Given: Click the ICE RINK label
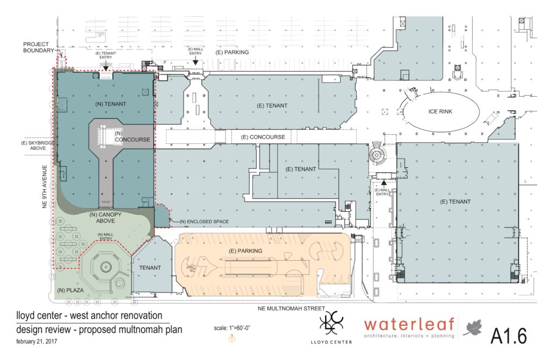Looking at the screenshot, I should coord(440,112).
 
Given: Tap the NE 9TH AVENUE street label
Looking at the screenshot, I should coord(47,173).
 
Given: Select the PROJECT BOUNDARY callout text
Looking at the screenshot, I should coord(36,48).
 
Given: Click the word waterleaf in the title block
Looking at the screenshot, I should coord(409,325).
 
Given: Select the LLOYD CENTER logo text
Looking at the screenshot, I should coord(332,342).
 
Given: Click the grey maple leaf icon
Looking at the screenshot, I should coord(473,328).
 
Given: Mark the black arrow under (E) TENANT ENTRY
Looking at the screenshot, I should coord(105,65).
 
